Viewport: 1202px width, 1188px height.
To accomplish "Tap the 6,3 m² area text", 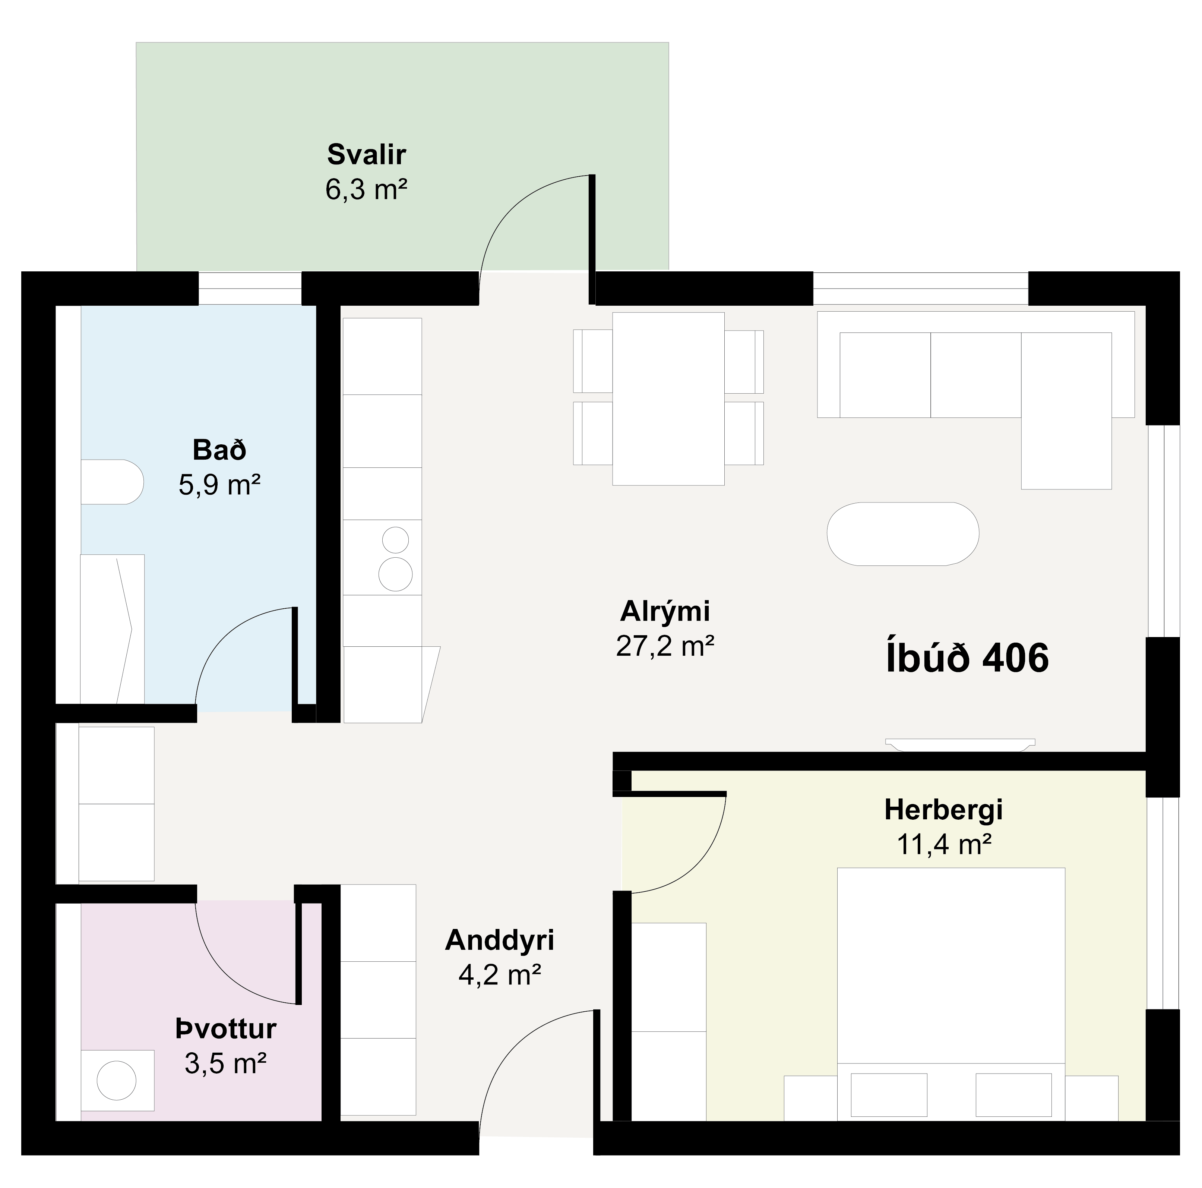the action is point(366,189).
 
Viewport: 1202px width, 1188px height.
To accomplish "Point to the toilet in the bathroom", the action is point(113,482).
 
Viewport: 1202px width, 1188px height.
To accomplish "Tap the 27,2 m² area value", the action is point(665,646).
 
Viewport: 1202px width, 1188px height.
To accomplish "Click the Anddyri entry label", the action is point(500,940).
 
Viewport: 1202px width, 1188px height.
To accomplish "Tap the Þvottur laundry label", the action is point(226,1029).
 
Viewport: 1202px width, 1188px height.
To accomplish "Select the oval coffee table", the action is point(903,534).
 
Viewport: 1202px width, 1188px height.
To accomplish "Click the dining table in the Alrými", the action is point(668,398).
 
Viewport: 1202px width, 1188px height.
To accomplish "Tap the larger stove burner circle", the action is point(396,574).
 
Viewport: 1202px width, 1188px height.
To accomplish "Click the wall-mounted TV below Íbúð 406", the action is point(960,744).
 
